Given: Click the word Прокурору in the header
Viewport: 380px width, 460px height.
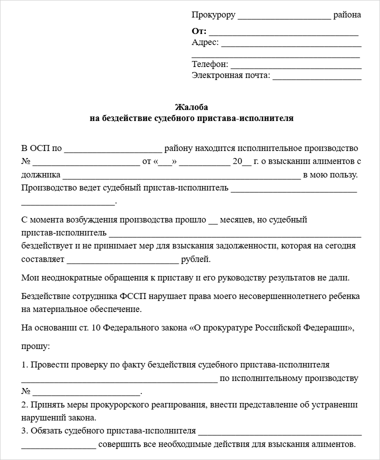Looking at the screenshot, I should (x=213, y=15).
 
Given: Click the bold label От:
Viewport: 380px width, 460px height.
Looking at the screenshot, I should (x=199, y=31).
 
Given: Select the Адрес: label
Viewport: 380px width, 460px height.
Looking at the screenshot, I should (x=205, y=42).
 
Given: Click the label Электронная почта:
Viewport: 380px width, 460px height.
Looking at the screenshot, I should (x=231, y=75).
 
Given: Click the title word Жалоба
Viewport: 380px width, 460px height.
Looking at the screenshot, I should (x=191, y=107).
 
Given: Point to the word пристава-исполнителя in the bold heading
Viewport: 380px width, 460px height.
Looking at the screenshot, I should (x=254, y=118).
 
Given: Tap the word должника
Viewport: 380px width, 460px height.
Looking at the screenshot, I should (x=41, y=175).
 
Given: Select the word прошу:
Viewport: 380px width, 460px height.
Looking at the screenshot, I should (x=36, y=345).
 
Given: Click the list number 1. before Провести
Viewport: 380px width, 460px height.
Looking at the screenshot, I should (x=25, y=365).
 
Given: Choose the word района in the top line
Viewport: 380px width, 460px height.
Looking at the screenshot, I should (x=347, y=15).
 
